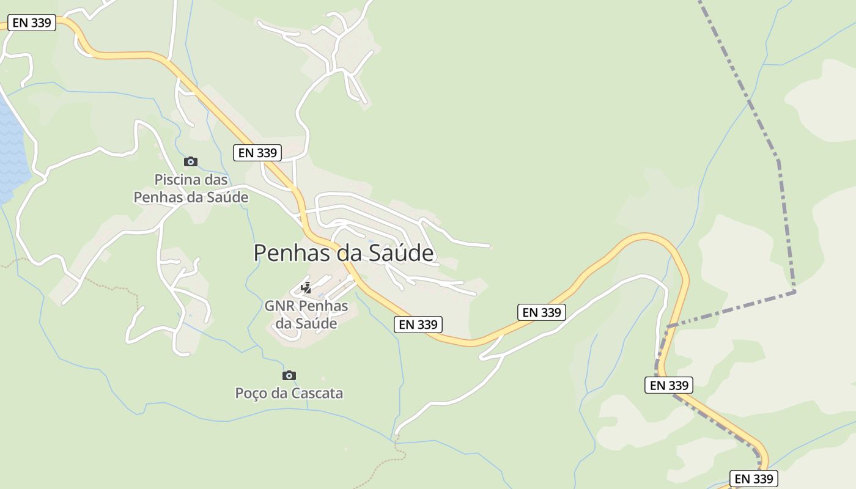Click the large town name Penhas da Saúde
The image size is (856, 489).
[344, 252]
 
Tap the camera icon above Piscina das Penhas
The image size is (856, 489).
[191, 161]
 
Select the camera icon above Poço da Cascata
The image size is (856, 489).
[289, 375]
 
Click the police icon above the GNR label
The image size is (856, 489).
[306, 287]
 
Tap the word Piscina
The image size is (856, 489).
[177, 180]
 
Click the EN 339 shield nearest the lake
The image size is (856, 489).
[32, 23]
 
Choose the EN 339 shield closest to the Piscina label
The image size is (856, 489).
[257, 153]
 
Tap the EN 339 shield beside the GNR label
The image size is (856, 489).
[418, 325]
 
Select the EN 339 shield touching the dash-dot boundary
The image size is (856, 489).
[670, 385]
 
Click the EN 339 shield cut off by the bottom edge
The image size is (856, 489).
[754, 479]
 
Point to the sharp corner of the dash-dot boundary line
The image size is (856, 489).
[795, 292]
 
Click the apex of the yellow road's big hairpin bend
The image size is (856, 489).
[645, 235]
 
